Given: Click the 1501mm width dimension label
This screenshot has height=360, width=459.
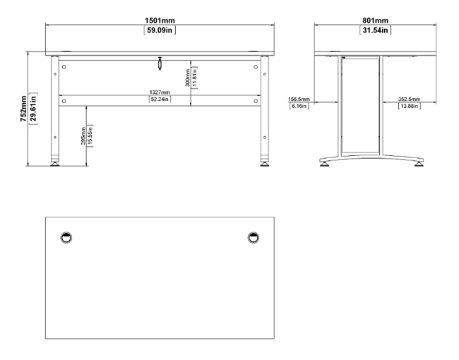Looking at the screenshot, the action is pos(160,20).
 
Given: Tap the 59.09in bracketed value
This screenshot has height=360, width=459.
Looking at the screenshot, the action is pos(160,30).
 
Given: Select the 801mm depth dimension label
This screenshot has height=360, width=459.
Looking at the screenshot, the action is pos(375,20).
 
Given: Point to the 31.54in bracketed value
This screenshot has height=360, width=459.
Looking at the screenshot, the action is pos(375,30).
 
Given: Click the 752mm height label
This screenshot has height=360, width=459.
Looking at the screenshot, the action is pos(23,109).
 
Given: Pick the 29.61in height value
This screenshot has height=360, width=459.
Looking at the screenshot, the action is pos(33,109).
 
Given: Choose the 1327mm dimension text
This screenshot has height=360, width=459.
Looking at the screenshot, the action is pos(160,92).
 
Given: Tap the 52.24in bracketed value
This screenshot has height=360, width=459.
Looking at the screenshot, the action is pos(160,100).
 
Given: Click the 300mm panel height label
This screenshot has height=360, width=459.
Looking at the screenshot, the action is pos(188,78).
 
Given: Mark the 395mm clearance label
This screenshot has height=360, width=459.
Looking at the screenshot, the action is pos(83,136).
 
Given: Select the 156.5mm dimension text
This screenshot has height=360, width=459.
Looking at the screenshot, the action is pos(299,100).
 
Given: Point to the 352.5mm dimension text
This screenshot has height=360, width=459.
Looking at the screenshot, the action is pos(409,100).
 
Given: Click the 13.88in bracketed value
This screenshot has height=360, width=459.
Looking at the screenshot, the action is pos(410,106).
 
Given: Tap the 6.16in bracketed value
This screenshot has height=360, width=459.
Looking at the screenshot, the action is pos(299,106).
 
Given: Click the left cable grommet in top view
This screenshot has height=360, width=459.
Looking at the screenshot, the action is pos(66,238).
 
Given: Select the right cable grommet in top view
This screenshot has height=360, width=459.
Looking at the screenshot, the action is pos(254,238).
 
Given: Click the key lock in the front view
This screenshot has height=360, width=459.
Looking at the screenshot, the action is pos(160,64).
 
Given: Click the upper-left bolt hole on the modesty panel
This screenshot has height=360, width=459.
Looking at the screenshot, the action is pos(64,67).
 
